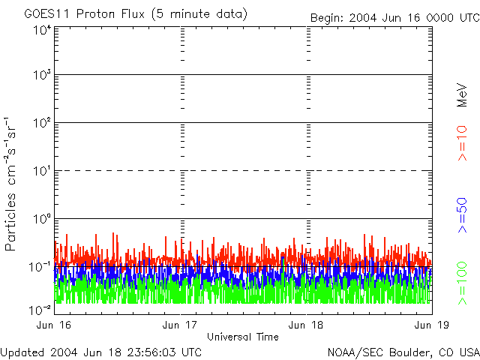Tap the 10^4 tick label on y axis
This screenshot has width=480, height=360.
(42, 31)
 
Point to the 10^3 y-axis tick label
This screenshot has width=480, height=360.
(42, 76)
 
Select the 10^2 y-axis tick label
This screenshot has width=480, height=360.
(42, 124)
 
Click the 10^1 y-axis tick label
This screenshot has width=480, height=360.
(42, 172)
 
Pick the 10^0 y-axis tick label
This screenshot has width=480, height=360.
(42, 220)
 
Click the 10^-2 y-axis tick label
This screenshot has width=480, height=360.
(40, 310)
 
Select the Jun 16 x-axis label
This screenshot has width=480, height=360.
(54, 325)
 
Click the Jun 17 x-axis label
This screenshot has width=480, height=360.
(181, 325)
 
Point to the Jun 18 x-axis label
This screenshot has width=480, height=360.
(307, 325)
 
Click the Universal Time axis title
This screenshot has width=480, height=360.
(243, 337)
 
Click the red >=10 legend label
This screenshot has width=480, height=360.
(462, 143)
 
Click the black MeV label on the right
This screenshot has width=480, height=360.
(462, 94)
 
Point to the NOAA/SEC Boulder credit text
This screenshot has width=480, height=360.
(403, 352)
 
